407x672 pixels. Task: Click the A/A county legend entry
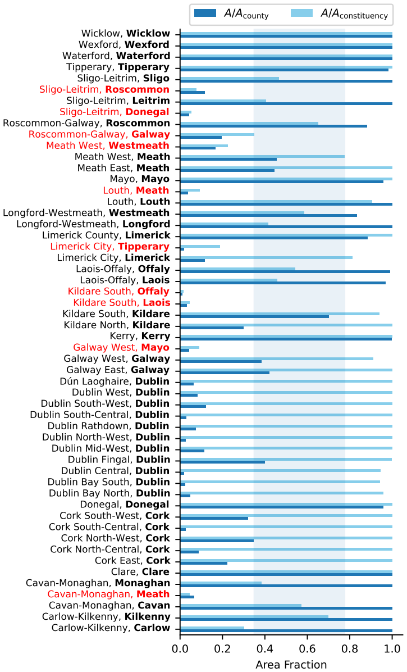pyautogui.click(x=231, y=13)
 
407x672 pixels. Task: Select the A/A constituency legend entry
pyautogui.click(x=340, y=13)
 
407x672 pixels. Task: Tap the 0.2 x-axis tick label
pyautogui.click(x=222, y=648)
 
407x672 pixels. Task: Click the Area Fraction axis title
pyautogui.click(x=291, y=664)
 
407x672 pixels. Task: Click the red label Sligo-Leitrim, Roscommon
pyautogui.click(x=104, y=89)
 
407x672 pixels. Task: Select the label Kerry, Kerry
pyautogui.click(x=140, y=336)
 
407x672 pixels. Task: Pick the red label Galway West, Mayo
pyautogui.click(x=121, y=348)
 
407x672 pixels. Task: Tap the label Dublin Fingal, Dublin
pyautogui.click(x=119, y=460)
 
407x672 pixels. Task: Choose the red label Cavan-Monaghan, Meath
pyautogui.click(x=109, y=594)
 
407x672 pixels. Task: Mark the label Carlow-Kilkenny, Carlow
pyautogui.click(x=111, y=628)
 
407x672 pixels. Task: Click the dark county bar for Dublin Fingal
pyautogui.click(x=222, y=462)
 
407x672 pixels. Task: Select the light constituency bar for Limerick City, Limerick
pyautogui.click(x=266, y=257)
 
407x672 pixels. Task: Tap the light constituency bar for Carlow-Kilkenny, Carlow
pyautogui.click(x=212, y=628)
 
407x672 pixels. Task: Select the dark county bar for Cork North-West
pyautogui.click(x=217, y=541)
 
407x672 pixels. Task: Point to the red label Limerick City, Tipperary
pyautogui.click(x=110, y=247)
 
